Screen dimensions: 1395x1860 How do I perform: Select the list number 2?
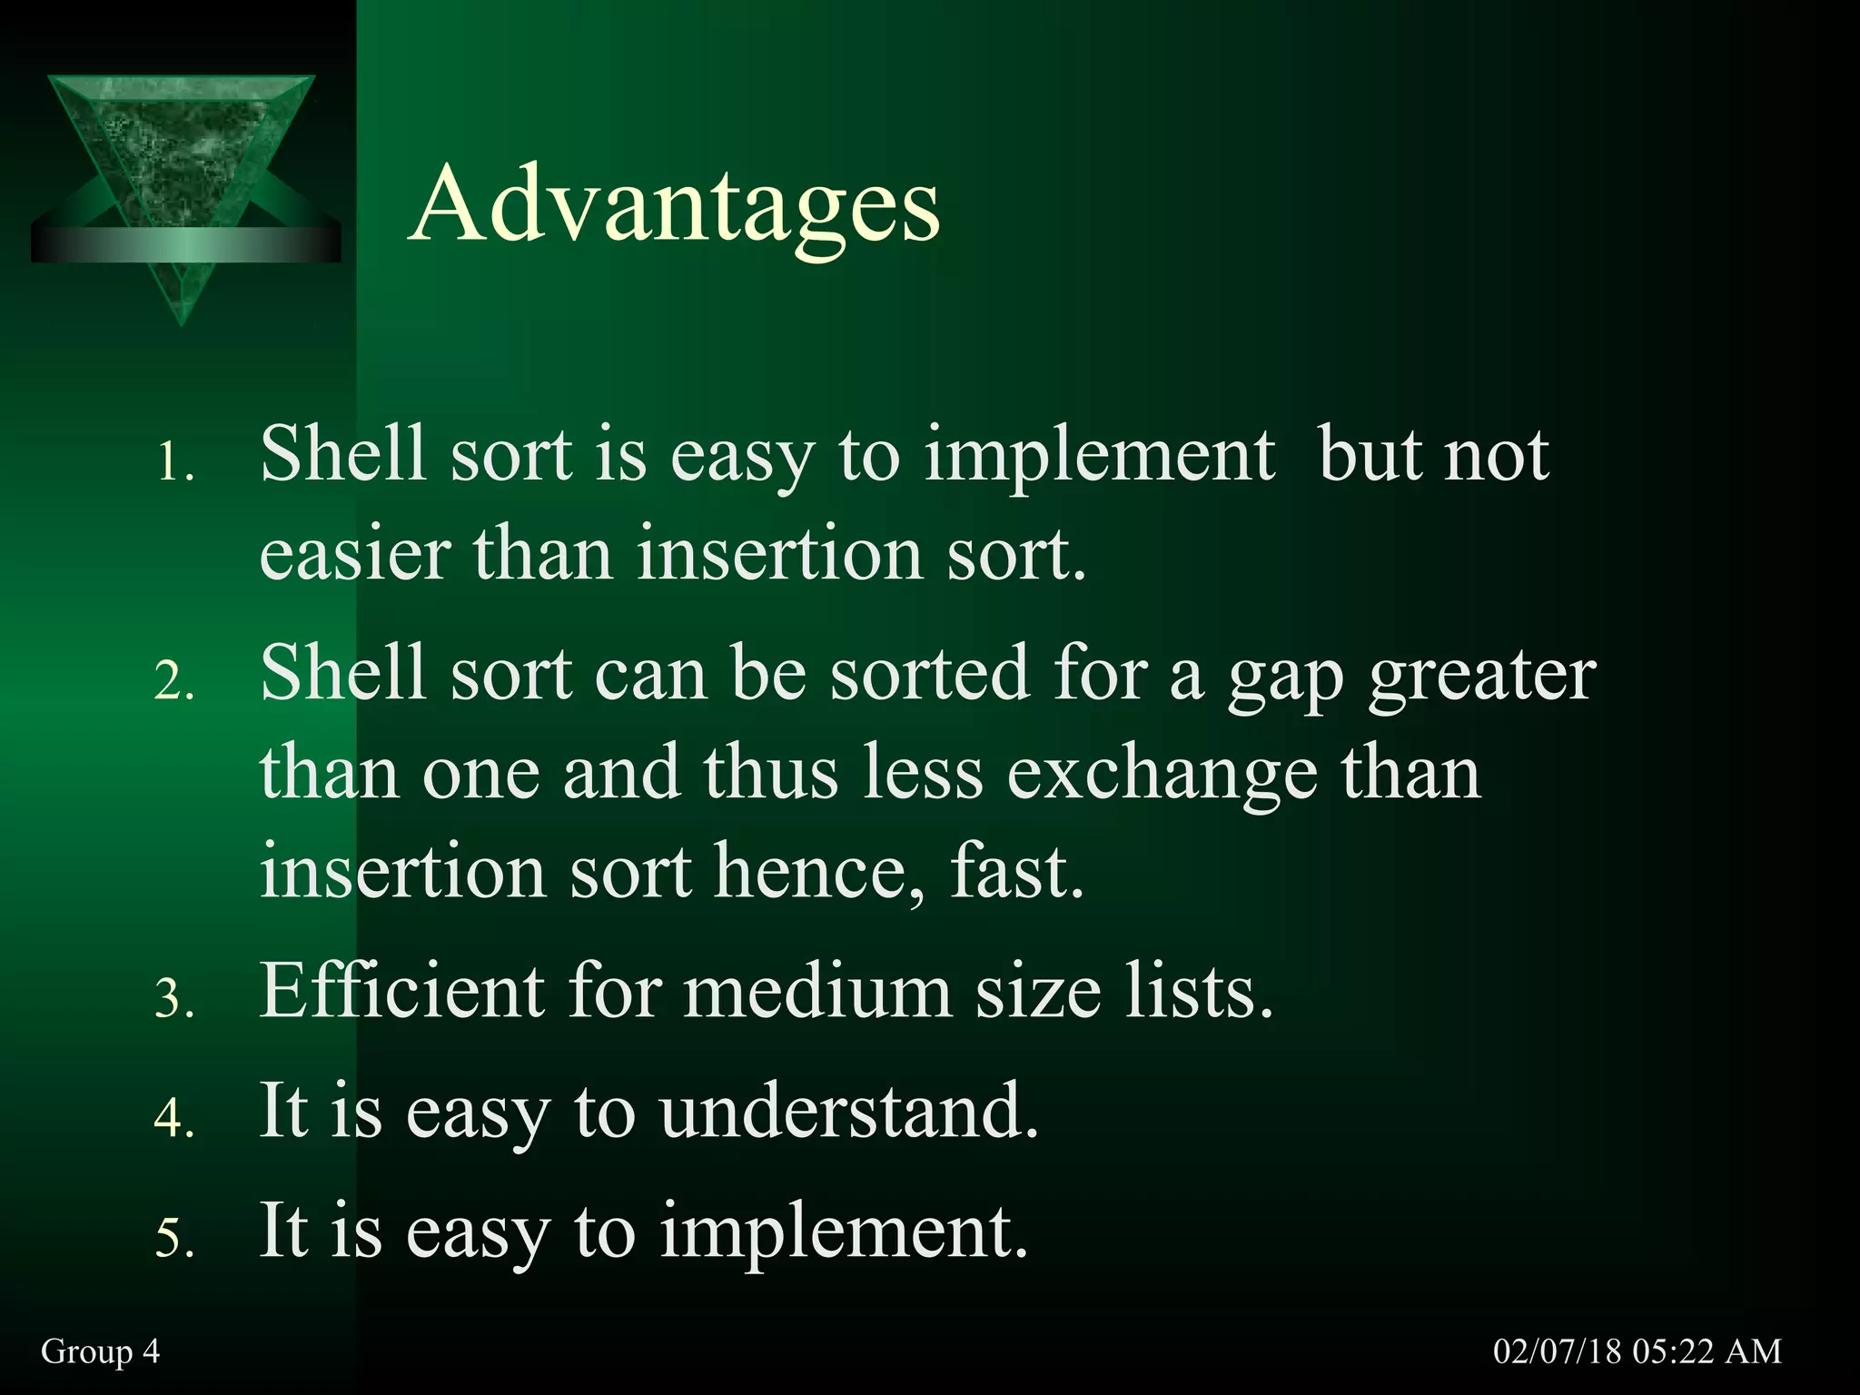[x=174, y=681]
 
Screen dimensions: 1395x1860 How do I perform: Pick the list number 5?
[x=174, y=1239]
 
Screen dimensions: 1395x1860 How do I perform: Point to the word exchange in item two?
[x=1162, y=774]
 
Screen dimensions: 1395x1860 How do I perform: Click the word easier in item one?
[x=355, y=554]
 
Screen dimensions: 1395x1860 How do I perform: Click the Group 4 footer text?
[x=100, y=1351]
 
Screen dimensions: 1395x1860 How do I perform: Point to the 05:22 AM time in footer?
[x=1707, y=1351]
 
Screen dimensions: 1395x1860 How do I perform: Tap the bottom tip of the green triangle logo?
[x=182, y=322]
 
